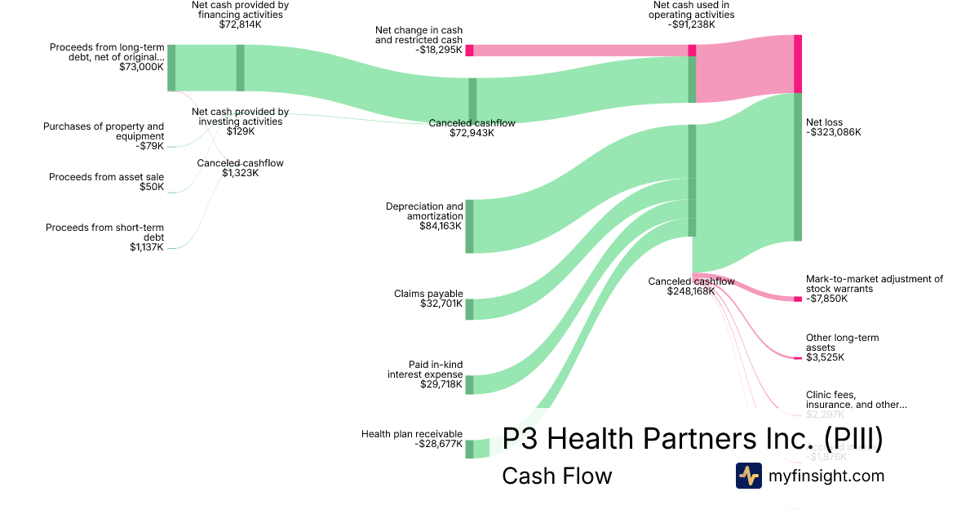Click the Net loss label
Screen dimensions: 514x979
(x=824, y=122)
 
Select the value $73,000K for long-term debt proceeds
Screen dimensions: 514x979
(x=141, y=67)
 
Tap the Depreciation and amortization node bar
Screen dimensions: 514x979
(x=469, y=226)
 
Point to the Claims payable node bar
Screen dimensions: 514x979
(x=469, y=309)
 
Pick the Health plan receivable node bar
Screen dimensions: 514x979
(x=469, y=449)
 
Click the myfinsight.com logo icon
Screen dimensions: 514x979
(x=748, y=476)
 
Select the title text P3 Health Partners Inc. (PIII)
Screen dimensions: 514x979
(x=692, y=440)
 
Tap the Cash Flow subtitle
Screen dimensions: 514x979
(x=556, y=476)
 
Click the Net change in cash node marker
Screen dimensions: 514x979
(x=469, y=50)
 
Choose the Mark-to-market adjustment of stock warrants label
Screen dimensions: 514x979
(x=874, y=283)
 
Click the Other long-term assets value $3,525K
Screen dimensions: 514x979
(x=825, y=357)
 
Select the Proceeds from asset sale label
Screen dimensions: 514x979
(x=106, y=177)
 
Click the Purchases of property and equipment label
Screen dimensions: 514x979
(x=104, y=131)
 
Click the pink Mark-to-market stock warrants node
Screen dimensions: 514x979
(x=797, y=299)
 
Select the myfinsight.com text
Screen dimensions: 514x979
(x=826, y=476)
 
